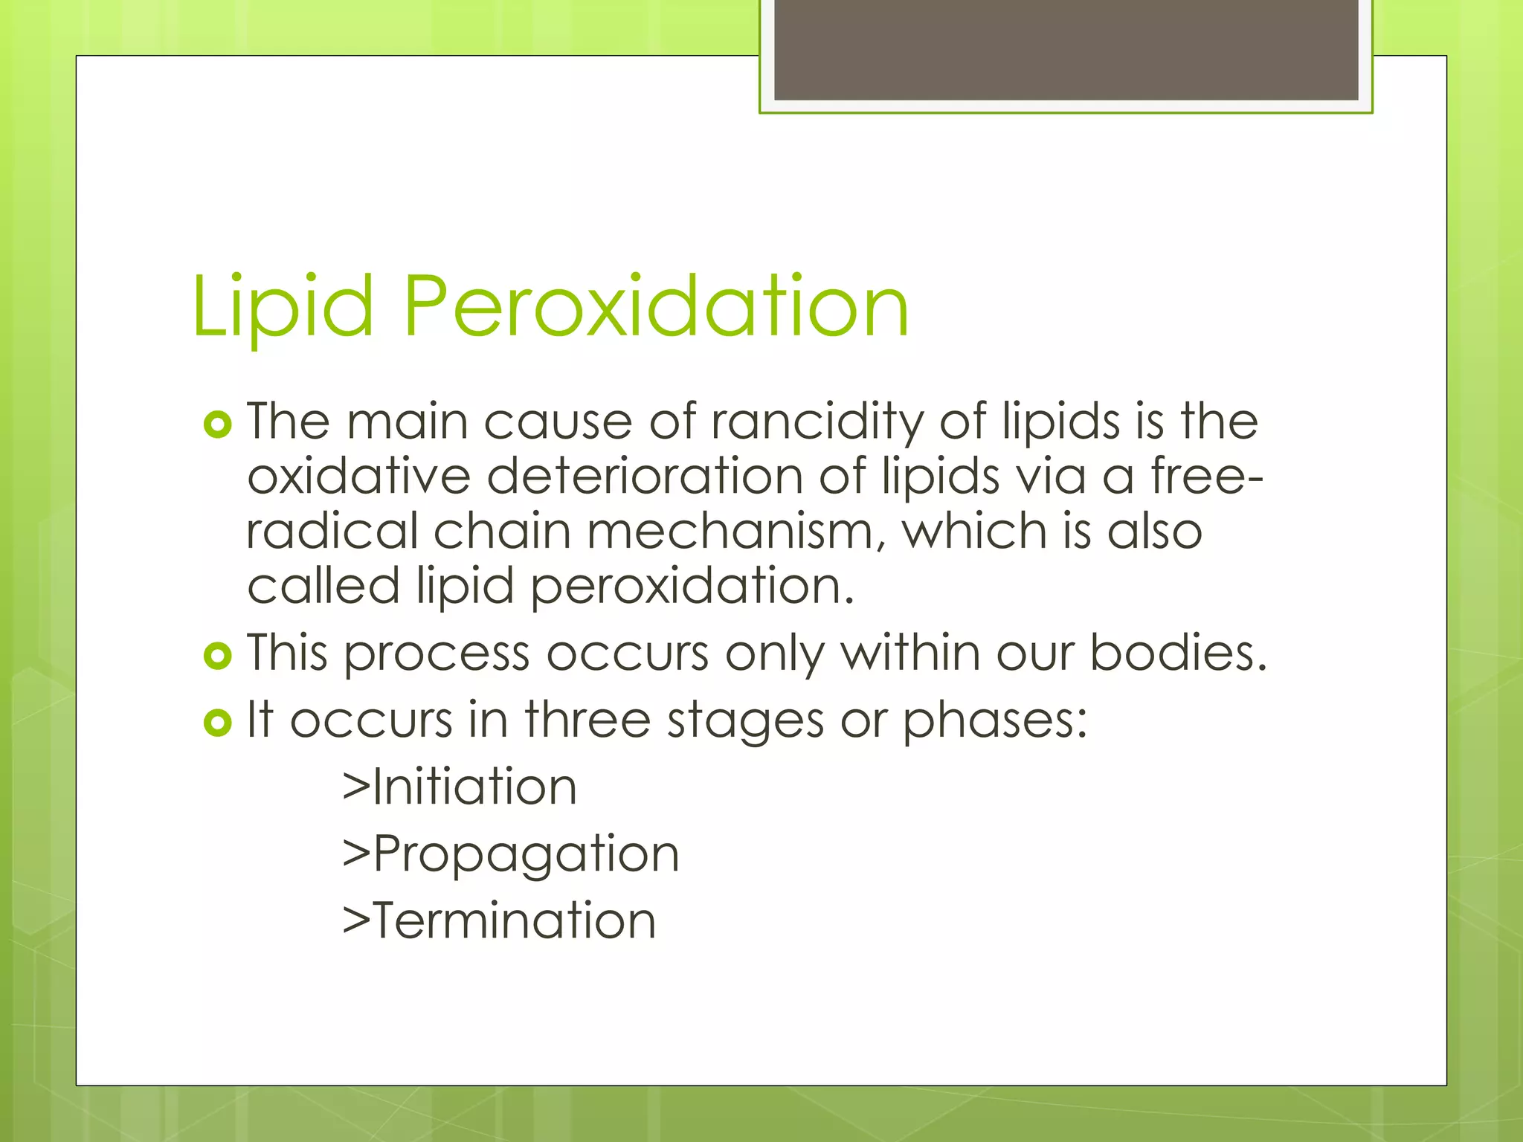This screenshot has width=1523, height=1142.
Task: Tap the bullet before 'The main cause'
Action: [x=218, y=425]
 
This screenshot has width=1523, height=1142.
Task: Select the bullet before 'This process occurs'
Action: [x=218, y=656]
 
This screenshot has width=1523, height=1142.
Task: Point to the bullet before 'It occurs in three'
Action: [x=218, y=723]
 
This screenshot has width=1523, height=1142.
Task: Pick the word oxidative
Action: [x=358, y=477]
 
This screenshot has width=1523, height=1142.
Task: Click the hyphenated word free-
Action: [x=1206, y=477]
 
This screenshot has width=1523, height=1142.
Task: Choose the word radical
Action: [x=332, y=532]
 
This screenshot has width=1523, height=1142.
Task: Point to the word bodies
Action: [x=1178, y=654]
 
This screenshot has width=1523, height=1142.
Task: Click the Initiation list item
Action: [x=460, y=787]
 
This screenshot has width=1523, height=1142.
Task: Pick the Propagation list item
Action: [x=511, y=855]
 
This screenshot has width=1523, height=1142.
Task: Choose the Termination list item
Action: [x=499, y=921]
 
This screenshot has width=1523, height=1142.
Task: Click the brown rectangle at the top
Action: [x=1066, y=50]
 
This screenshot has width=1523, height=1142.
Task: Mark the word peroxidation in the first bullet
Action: [x=692, y=587]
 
